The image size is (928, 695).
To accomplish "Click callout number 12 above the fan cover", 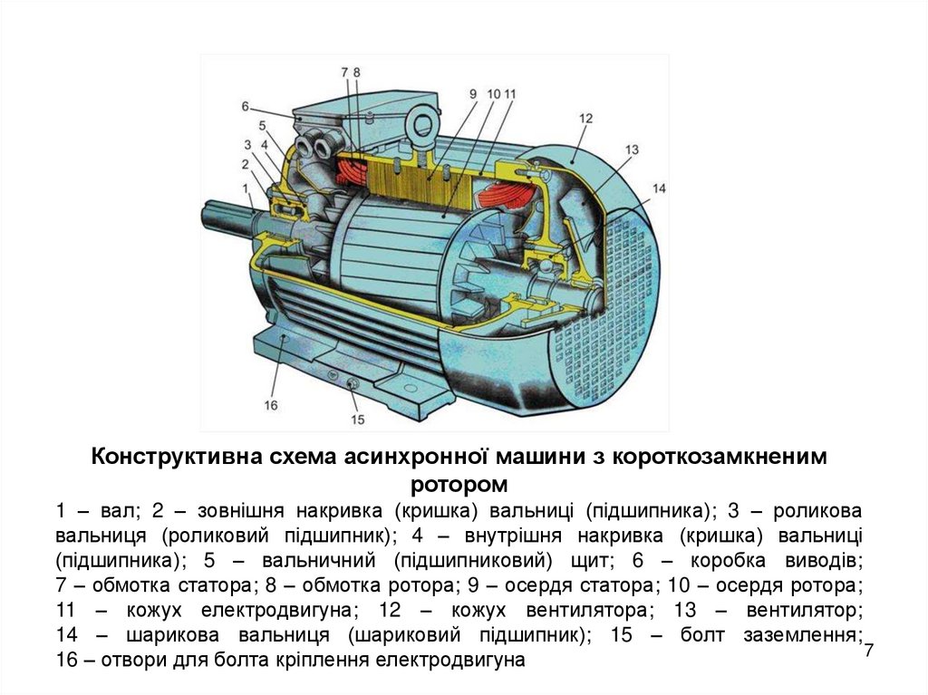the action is point(585,119).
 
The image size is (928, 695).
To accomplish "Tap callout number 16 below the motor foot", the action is point(270,406).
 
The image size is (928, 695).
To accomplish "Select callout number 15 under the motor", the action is point(357,420).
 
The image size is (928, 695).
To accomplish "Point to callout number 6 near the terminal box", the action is point(245,107).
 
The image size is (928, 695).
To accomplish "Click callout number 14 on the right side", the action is point(659,188).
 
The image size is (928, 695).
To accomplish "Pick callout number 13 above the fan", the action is point(632,150).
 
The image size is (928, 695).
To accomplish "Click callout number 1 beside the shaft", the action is point(246,188).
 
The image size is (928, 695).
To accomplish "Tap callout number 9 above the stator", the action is point(473,93).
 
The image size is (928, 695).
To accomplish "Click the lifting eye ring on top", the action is point(423,124).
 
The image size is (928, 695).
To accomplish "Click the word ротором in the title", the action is point(459,485).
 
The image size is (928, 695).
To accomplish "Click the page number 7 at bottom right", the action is point(869,650).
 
